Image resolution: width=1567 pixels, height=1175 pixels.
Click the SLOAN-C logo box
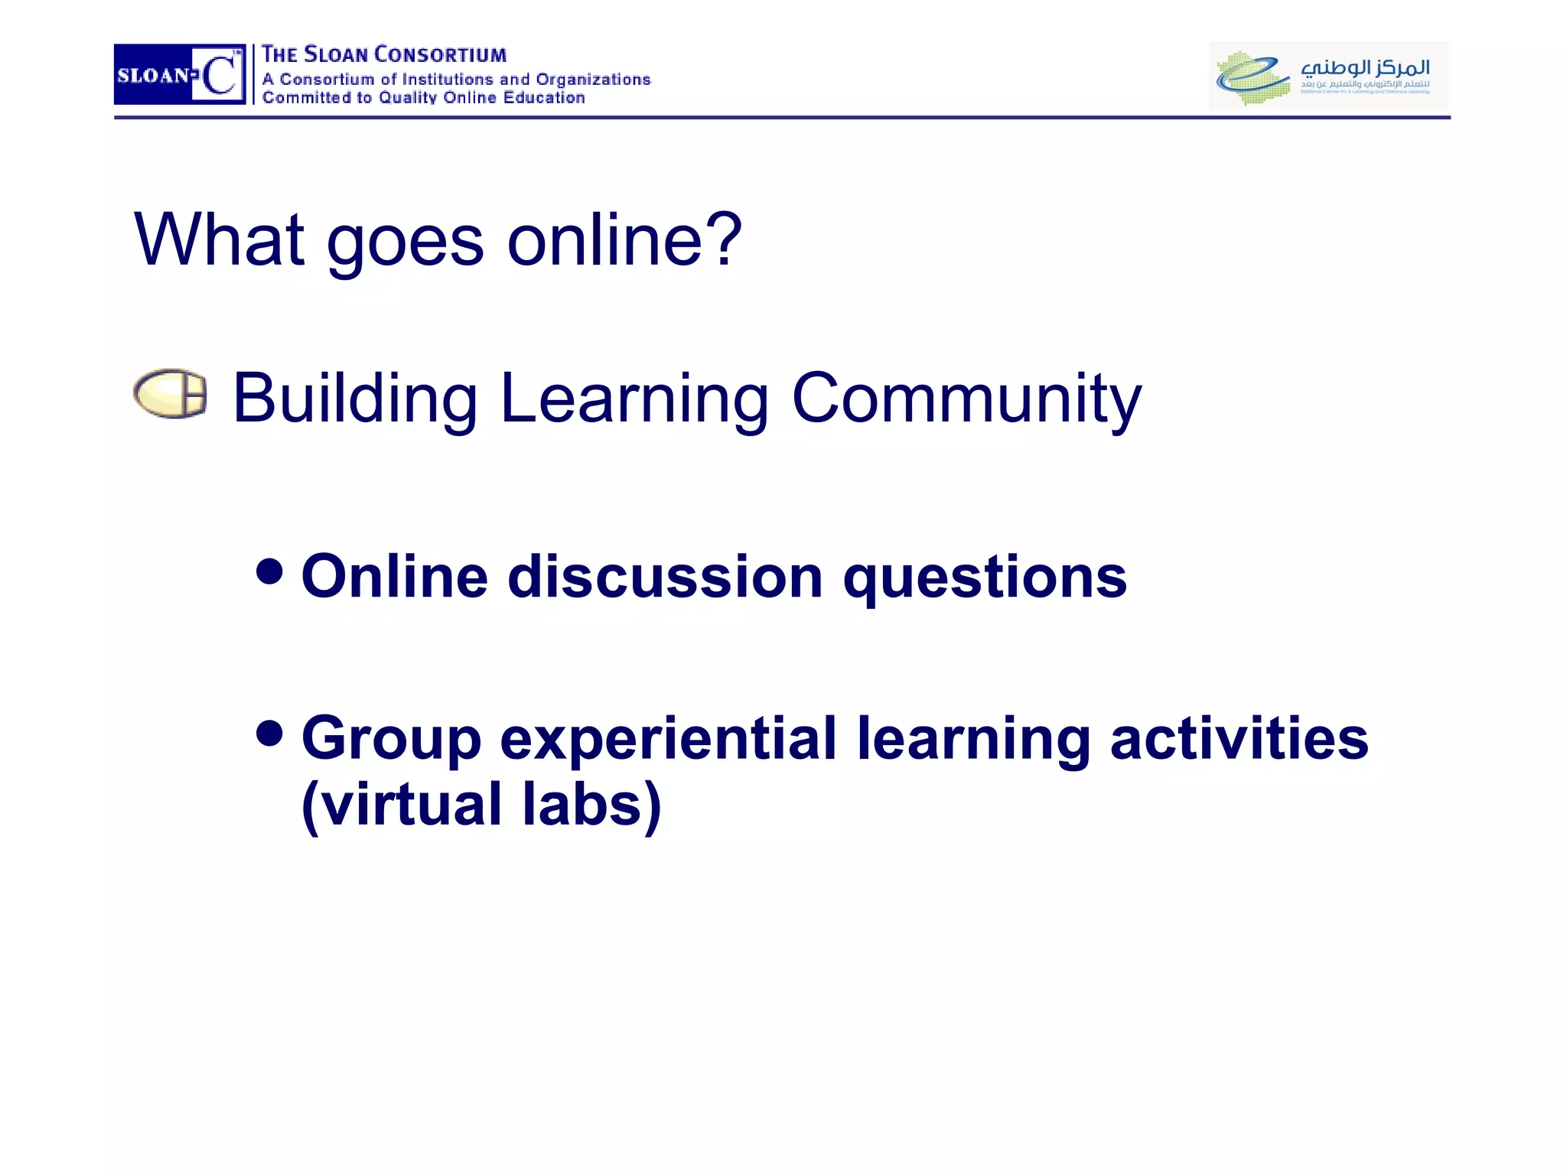coord(180,74)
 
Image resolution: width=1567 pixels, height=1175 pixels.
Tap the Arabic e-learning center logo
coord(1328,75)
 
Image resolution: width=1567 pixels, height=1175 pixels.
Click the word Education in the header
coord(544,98)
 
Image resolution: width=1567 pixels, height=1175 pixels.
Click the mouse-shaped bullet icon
coord(170,394)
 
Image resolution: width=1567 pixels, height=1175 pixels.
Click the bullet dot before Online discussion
coord(269,570)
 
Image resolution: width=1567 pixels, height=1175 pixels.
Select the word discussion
coord(665,577)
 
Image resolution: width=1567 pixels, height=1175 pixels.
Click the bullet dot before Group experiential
coord(269,733)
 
